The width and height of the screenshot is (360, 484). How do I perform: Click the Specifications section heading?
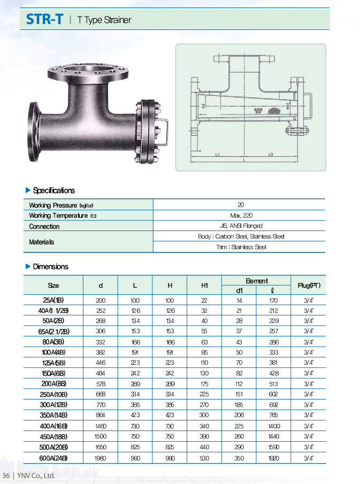coord(53,190)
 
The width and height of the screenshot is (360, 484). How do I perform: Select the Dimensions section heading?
coord(50,266)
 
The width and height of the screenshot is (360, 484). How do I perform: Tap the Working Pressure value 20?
coord(240,205)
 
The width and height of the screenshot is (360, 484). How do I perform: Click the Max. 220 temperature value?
coord(240,216)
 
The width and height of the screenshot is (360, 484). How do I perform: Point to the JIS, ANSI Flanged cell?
coord(240,226)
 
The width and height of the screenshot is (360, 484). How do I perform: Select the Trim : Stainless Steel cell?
coord(240,247)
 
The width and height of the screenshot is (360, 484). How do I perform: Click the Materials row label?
coord(42,242)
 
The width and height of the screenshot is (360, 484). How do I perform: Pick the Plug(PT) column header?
coord(309,285)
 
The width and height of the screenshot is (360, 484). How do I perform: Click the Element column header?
coord(256,281)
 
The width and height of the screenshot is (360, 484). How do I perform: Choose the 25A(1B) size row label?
coord(53,300)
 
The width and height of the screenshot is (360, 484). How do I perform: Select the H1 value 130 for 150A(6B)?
coord(204,373)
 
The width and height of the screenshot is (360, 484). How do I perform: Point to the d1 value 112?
coord(239,384)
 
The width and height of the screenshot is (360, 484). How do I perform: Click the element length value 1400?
coord(273,426)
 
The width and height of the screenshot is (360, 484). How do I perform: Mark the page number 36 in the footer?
coord(6,475)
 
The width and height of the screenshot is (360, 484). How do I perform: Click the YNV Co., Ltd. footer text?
coord(36,475)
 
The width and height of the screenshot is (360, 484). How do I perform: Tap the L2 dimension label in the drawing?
coord(271,155)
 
